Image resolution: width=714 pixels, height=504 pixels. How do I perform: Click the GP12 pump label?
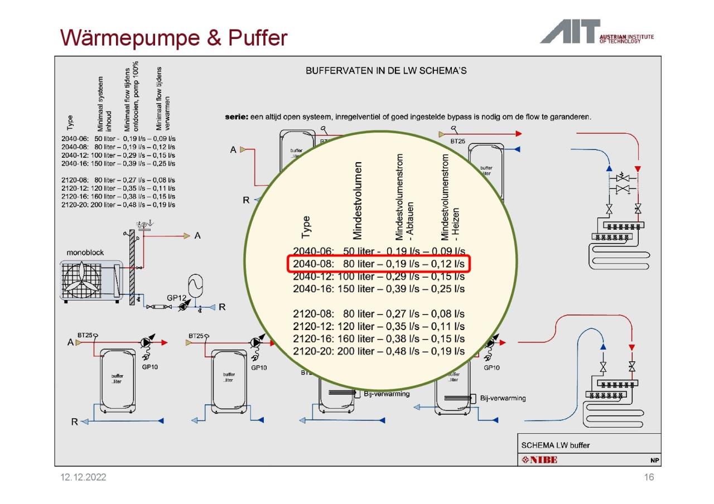[x=176, y=298]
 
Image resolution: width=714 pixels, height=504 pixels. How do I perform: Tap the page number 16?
[x=648, y=477]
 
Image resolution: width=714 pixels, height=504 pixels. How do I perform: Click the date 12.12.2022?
[x=83, y=477]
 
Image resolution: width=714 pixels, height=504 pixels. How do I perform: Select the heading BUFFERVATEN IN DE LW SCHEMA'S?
[x=386, y=71]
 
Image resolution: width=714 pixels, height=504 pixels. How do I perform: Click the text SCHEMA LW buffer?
[x=555, y=445]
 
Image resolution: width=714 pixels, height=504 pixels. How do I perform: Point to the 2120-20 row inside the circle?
[x=379, y=351]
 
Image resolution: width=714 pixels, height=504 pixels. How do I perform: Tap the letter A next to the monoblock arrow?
[x=197, y=236]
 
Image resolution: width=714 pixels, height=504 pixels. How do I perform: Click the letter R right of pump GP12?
[x=222, y=307]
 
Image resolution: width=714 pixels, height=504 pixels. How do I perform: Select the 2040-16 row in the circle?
[x=379, y=289]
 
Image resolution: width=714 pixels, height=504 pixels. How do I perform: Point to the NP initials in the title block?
[x=655, y=461]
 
